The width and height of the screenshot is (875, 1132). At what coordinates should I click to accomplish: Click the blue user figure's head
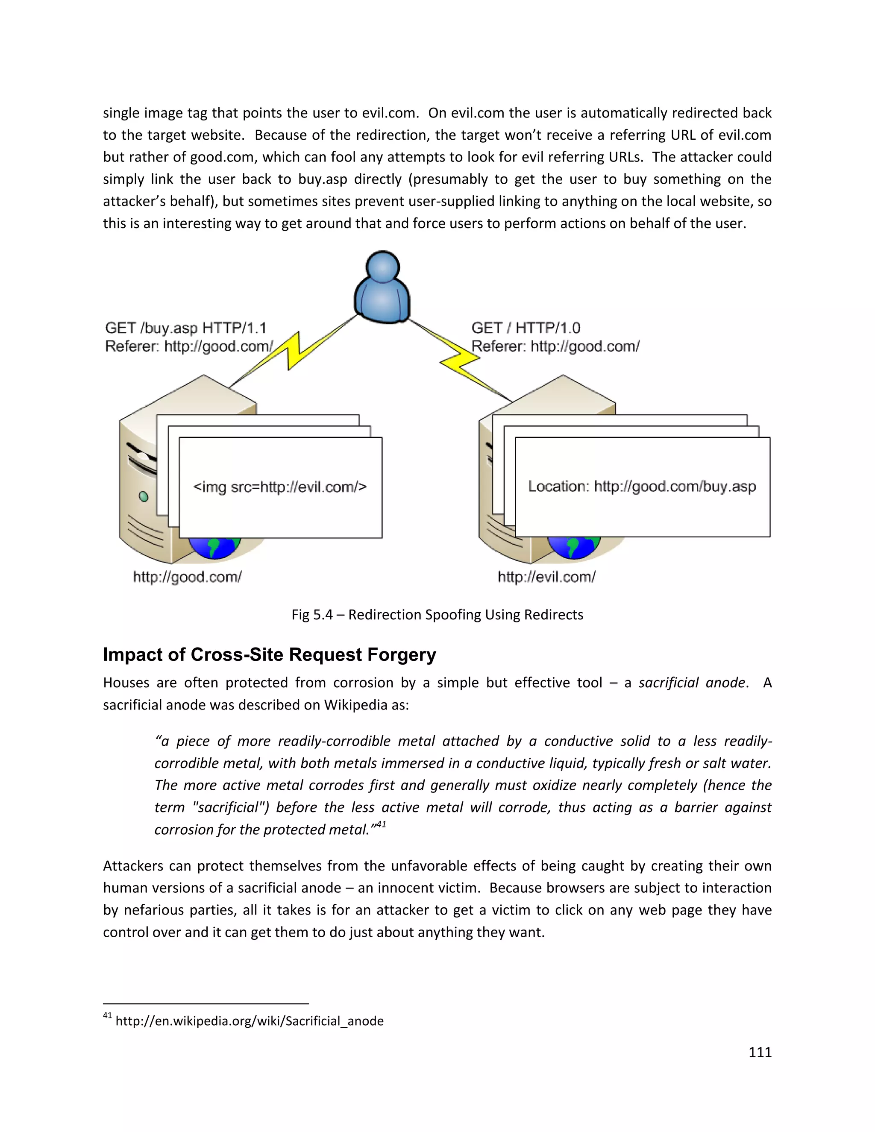coord(382,267)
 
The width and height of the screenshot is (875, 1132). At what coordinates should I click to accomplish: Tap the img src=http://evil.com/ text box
coord(280,487)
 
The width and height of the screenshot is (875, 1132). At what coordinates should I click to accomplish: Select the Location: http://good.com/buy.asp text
coord(642,486)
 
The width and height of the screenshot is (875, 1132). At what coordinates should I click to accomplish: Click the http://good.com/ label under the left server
coord(187,577)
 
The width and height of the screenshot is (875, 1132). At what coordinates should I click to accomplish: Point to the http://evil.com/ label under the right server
coord(546,577)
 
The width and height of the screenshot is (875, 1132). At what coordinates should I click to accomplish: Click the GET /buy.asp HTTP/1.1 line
coord(185,328)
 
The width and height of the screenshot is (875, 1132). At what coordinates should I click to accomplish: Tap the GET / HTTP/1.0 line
coord(525,328)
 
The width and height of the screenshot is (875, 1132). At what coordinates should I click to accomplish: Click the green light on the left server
coord(144,496)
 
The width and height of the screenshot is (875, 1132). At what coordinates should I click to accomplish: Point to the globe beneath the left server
coord(214,548)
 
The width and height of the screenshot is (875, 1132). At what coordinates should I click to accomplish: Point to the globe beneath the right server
coord(573,548)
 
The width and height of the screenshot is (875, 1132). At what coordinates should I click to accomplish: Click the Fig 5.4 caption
coord(437,615)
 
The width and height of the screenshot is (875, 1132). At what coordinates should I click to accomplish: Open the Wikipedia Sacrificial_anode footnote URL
coord(250,1021)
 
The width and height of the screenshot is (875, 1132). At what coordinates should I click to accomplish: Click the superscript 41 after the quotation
coord(381,824)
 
